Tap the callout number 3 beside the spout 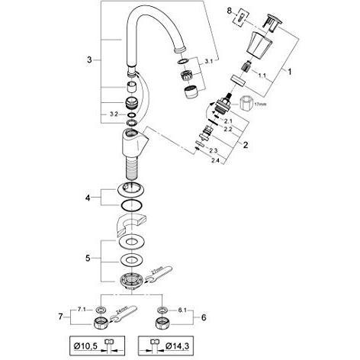(x=90, y=59)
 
